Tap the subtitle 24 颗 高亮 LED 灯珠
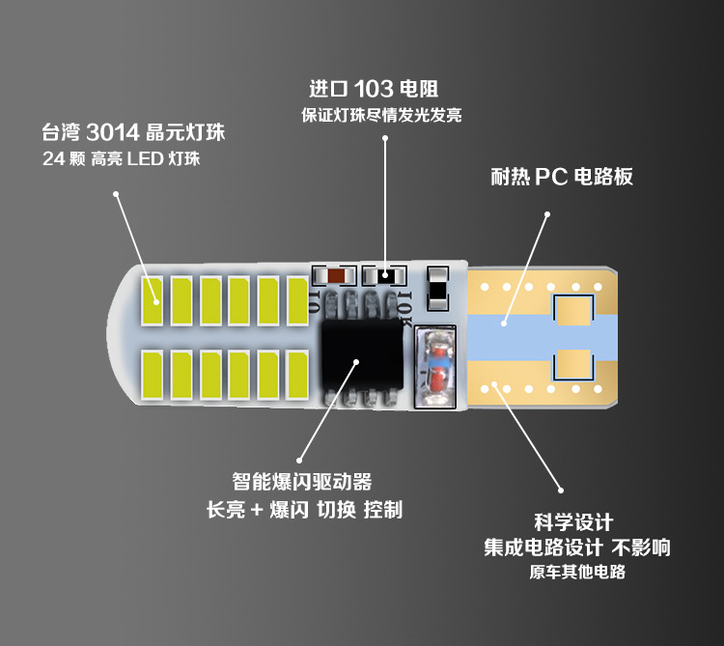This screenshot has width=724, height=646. click(122, 159)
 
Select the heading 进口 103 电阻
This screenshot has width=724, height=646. click(374, 89)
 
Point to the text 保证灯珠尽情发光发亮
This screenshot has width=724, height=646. click(381, 116)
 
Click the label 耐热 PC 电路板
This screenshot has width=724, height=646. click(562, 178)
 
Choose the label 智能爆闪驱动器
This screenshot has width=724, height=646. click(302, 481)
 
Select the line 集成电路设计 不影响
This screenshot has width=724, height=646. click(577, 548)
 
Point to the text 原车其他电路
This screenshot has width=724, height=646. click(577, 573)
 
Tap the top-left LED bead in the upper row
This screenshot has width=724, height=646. click(153, 300)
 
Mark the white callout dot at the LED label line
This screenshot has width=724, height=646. click(115, 195)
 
